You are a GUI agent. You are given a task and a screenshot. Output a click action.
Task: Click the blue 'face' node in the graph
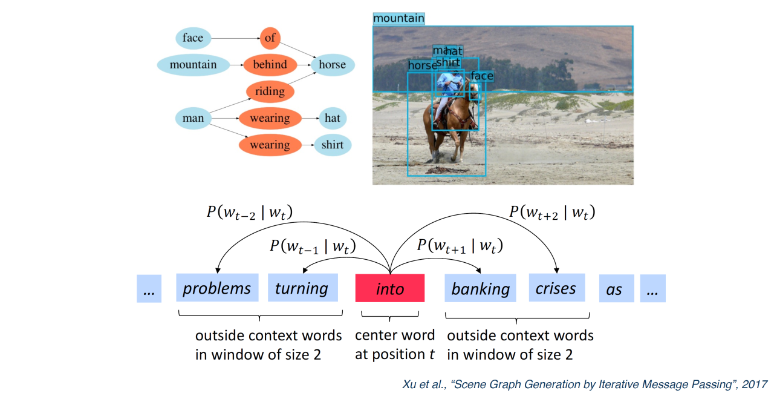click(193, 38)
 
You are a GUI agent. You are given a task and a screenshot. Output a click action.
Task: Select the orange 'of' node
click(270, 38)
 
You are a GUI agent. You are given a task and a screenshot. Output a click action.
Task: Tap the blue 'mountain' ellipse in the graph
click(193, 65)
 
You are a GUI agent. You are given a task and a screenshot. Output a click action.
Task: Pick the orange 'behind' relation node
click(270, 65)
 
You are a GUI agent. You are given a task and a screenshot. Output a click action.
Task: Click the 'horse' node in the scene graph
click(333, 65)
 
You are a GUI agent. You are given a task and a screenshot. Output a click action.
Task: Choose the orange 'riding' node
click(270, 91)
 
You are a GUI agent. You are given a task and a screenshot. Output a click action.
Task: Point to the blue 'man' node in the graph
click(193, 118)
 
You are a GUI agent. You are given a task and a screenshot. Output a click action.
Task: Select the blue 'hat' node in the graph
click(333, 118)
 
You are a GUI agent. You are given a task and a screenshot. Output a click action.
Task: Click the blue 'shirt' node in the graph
click(333, 145)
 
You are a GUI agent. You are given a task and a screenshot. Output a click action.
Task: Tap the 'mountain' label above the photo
click(398, 18)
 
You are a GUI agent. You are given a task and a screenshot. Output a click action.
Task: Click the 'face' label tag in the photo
click(482, 76)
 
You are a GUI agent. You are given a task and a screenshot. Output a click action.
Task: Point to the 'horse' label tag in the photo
click(422, 65)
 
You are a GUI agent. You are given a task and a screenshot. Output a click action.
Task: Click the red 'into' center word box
click(390, 288)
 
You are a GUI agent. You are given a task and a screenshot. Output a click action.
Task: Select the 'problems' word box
click(217, 288)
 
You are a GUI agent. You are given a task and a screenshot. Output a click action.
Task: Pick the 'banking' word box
click(481, 288)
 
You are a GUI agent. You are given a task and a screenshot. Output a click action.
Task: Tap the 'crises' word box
click(556, 288)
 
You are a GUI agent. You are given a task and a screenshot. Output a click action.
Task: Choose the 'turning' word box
click(302, 288)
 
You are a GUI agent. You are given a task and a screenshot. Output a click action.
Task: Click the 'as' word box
click(614, 289)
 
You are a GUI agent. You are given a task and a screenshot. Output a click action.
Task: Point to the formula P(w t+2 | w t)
click(551, 212)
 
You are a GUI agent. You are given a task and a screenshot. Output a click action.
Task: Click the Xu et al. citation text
click(585, 385)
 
